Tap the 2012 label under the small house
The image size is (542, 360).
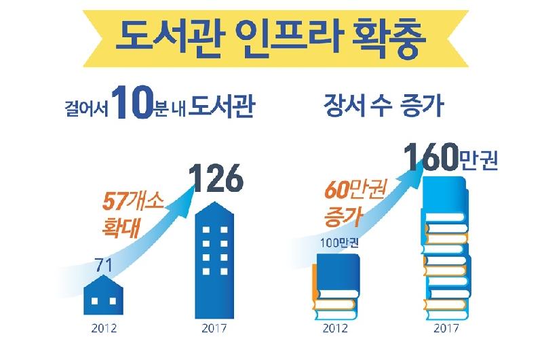point(104,331)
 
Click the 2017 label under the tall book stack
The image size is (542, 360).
point(444,331)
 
